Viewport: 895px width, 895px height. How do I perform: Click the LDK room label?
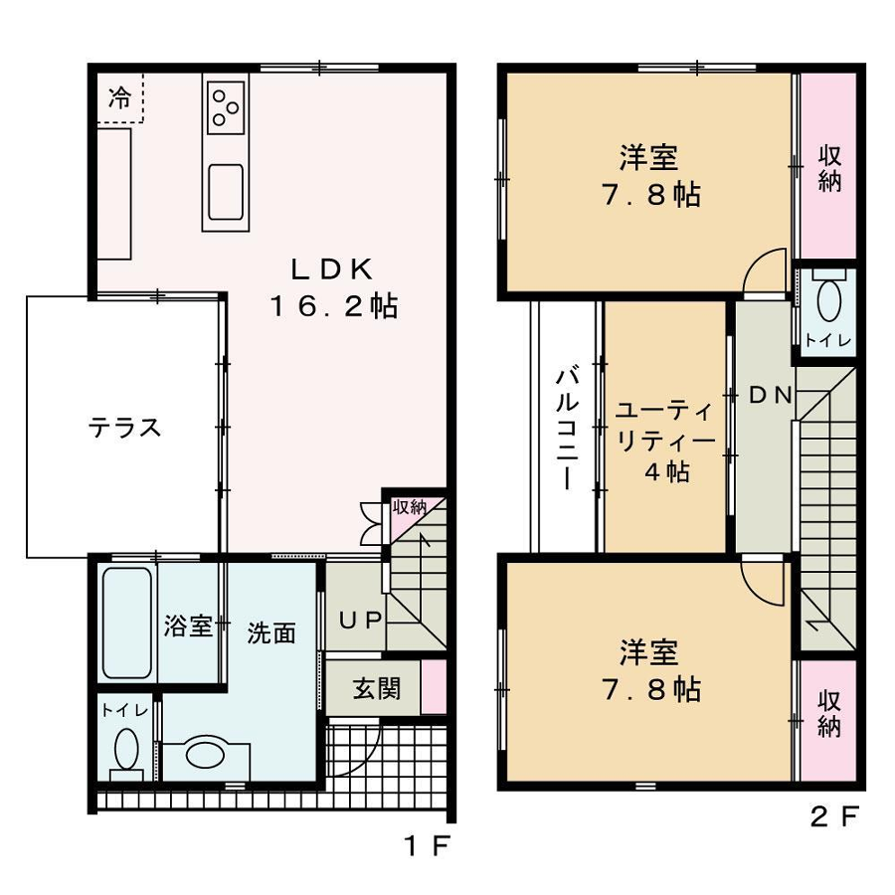tap(332, 268)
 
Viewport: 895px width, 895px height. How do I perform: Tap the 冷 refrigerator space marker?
tap(119, 98)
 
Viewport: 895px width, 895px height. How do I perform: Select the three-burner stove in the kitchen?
tap(226, 107)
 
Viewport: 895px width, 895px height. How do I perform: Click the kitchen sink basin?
tap(226, 192)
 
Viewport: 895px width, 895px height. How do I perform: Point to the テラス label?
tap(124, 427)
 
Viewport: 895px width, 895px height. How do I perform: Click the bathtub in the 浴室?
tap(126, 623)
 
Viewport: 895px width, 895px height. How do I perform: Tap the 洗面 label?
tap(271, 633)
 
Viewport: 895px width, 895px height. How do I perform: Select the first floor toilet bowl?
tap(126, 750)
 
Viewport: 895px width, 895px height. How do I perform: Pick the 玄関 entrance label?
tap(376, 689)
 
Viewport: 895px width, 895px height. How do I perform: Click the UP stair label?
tap(360, 620)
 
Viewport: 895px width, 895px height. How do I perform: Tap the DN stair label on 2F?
tap(770, 395)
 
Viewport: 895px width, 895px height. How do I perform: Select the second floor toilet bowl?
tap(828, 300)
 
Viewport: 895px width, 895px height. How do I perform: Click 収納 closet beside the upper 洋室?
tap(829, 168)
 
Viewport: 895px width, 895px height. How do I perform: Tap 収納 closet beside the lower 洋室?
tap(829, 713)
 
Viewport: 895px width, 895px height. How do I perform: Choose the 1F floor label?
tap(428, 845)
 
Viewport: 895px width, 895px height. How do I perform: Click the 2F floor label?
tap(834, 816)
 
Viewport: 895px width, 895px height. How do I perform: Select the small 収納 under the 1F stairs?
tap(410, 507)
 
